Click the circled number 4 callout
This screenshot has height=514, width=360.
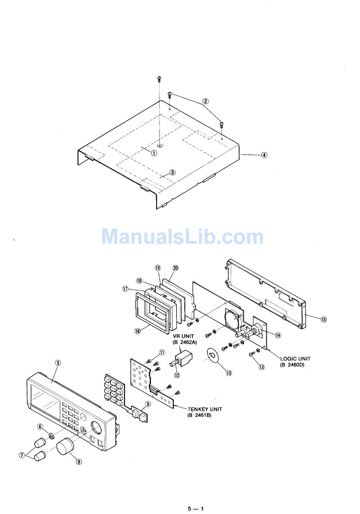coord(264,155)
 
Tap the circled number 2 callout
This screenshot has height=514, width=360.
coord(205,101)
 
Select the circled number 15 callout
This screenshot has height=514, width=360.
coord(323,319)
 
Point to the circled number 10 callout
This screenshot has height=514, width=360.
coord(229,373)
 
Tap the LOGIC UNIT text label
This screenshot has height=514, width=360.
coord(295,359)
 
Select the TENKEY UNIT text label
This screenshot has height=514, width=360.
coord(205,409)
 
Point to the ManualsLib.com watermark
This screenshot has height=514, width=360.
coord(182,236)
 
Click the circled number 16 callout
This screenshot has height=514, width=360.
coord(138,331)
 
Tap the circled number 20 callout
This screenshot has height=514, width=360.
coord(175,268)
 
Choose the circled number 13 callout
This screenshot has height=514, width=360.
coord(261,367)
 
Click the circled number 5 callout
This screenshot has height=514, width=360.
coord(58,362)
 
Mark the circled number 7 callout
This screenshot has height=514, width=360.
coord(22,455)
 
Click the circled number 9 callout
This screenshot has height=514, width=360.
coord(148,404)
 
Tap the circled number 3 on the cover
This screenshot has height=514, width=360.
coord(172,172)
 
